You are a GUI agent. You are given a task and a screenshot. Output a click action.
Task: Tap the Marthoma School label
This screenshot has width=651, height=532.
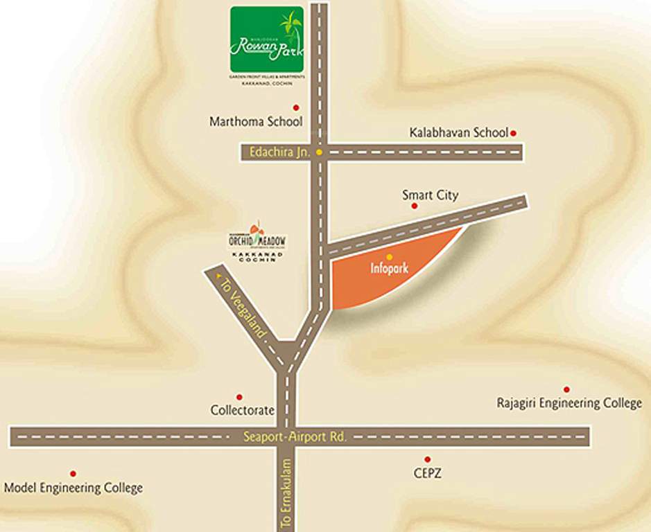tap(256, 122)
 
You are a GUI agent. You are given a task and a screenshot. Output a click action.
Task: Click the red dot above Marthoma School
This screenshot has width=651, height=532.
tap(296, 107)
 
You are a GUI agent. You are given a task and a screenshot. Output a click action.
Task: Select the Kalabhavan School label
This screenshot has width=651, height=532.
tap(458, 132)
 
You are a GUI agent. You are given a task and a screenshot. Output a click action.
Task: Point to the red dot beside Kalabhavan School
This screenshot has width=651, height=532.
tap(514, 132)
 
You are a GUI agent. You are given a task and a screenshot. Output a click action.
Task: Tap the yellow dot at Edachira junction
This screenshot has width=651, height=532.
tap(319, 152)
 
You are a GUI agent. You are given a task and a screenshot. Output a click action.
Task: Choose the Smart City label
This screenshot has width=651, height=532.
tap(430, 195)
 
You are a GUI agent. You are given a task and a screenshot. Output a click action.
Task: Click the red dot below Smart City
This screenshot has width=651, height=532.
tap(415, 206)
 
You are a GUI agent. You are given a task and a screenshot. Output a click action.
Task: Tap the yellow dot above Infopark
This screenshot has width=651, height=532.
tap(389, 257)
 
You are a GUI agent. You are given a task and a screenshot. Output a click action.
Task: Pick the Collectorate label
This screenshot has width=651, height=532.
tap(243, 410)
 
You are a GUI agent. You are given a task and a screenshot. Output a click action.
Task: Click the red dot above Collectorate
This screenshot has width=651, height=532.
tap(239, 397)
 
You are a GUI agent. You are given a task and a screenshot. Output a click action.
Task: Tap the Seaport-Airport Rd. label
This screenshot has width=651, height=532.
tap(295, 437)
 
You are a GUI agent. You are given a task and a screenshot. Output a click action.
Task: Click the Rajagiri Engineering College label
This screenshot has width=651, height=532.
tap(569, 402)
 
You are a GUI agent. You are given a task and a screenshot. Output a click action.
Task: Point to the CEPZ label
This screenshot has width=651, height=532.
tap(427, 474)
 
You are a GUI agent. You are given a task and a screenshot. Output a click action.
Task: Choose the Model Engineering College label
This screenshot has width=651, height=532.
tap(73, 488)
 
